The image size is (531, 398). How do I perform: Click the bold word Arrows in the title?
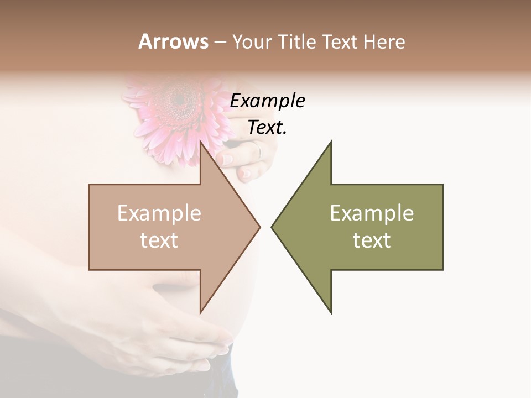173,41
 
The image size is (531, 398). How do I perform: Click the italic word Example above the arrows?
267,101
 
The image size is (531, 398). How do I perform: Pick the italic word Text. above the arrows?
267,128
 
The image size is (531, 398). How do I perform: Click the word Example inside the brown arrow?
159,213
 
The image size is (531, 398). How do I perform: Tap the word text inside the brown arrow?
159,240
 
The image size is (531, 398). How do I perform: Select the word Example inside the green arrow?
372,213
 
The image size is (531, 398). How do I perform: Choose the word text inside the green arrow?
372,240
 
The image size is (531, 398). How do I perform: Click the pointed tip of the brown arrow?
260,227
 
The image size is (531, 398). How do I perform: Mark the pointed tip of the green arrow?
272,227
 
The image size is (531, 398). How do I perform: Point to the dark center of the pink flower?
178,99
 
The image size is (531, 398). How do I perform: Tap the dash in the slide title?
220,42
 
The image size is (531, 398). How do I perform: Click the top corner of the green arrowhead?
331,142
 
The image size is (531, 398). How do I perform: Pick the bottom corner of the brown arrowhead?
200,312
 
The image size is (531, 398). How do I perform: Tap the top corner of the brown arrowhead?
200,142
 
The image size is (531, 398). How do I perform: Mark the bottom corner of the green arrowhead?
331,313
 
